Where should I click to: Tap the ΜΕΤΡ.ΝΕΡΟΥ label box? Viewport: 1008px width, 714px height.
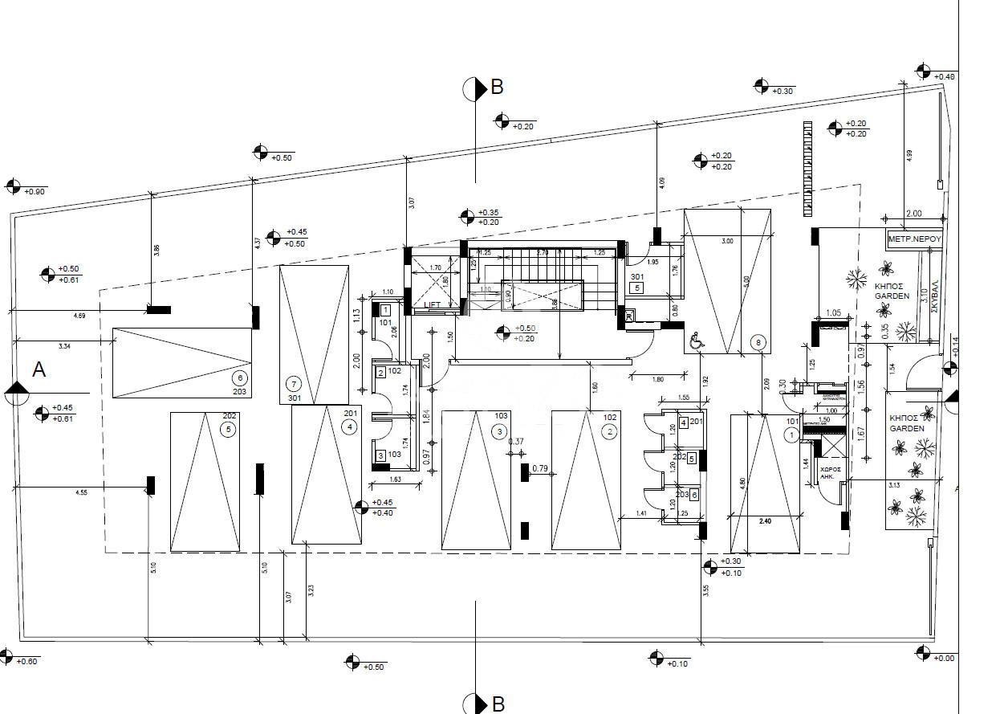coord(913,239)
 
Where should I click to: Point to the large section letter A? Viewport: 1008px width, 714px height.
coord(39,369)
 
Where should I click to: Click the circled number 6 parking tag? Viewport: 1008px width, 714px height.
coord(238,378)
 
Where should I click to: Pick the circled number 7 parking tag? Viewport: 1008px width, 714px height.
coord(293,384)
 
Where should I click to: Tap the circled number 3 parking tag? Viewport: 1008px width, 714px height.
coord(499,432)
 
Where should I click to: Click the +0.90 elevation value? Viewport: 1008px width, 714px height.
coord(35,192)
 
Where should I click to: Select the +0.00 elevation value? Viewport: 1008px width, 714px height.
coord(945,659)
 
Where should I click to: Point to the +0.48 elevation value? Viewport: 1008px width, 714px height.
coord(945,77)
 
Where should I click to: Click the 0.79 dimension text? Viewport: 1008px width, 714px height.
coord(539,469)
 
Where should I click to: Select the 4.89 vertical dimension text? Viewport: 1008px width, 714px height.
coord(909,156)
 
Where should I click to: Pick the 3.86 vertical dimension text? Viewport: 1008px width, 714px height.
coord(157,251)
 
